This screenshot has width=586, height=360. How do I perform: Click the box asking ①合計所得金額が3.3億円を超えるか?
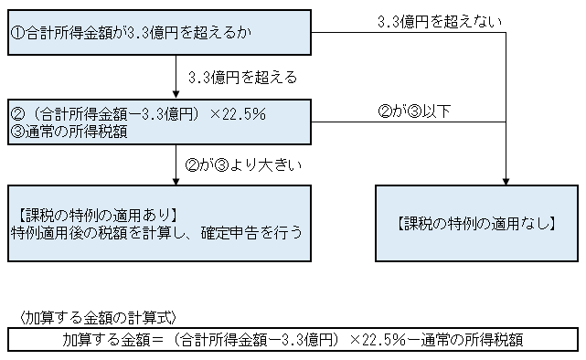pyautogui.click(x=160, y=35)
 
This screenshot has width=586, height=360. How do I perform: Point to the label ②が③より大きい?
pyautogui.click(x=243, y=165)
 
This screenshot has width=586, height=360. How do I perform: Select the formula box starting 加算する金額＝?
pyautogui.click(x=293, y=340)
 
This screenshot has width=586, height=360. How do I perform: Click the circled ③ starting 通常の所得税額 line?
pyautogui.click(x=17, y=132)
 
